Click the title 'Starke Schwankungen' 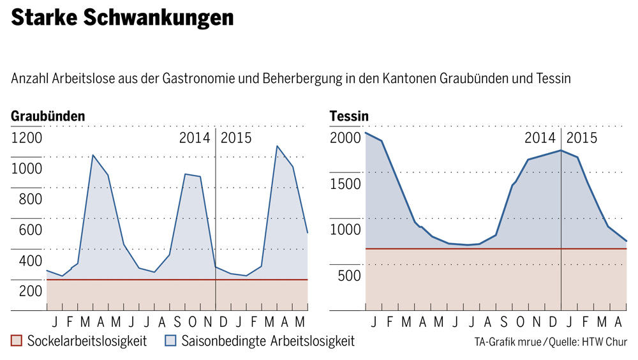point(122,19)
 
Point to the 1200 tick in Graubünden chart point(27,138)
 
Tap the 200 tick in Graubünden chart point(27,291)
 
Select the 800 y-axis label point(27,199)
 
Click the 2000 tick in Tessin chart point(345,138)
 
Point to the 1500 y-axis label point(345,184)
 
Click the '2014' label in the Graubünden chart point(195,138)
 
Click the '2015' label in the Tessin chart point(582,138)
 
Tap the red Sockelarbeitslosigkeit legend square point(17,341)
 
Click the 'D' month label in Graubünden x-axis point(223,320)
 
